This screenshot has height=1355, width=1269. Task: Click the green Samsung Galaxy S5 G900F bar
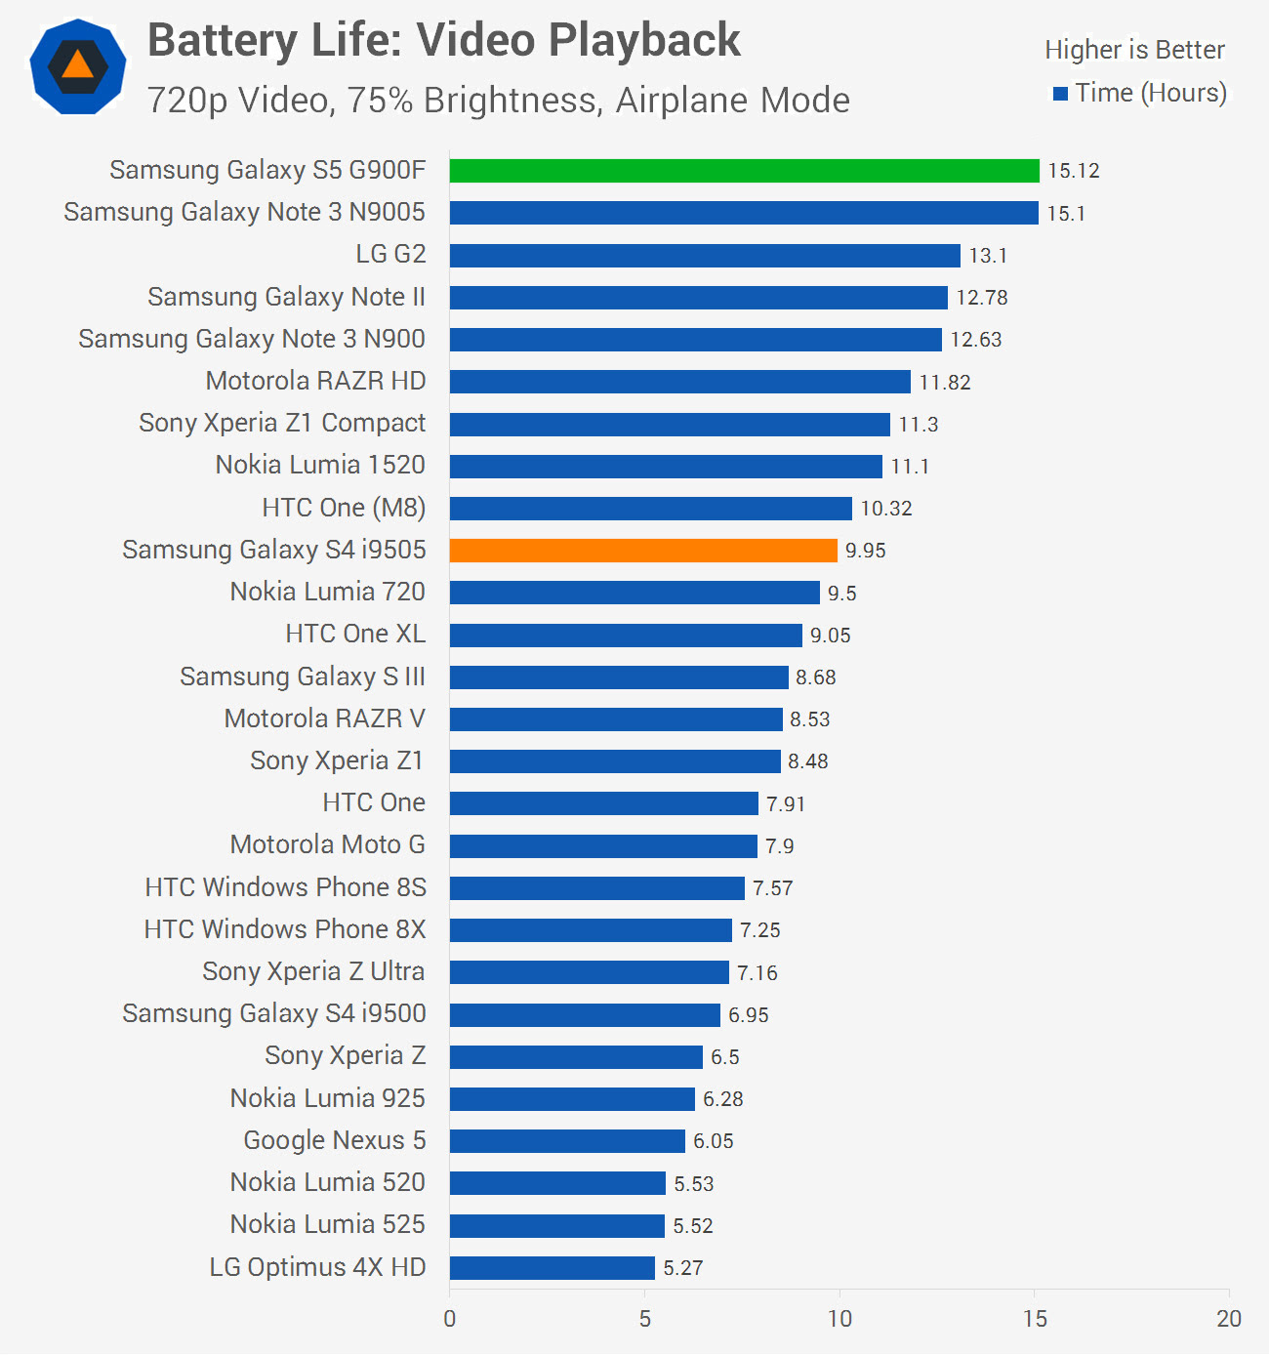[x=744, y=171]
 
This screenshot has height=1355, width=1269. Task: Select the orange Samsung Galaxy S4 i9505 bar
[x=643, y=551]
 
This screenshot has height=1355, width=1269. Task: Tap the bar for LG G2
[x=705, y=256]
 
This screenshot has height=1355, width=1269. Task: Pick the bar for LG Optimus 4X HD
[x=552, y=1268]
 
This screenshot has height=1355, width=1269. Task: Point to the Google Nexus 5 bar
[x=567, y=1141]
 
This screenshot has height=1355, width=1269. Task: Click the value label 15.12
[x=1073, y=171]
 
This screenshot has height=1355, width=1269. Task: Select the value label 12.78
[x=981, y=298]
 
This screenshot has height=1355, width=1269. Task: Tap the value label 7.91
[x=785, y=804]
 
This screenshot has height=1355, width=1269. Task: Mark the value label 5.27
[x=682, y=1268]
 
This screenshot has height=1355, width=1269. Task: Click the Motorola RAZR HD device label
[x=315, y=381]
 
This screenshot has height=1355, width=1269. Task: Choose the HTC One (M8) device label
[x=344, y=508]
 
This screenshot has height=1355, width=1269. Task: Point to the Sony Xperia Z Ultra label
[x=313, y=971]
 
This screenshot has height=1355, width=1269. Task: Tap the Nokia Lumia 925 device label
[x=327, y=1098]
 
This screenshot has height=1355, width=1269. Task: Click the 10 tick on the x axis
[x=839, y=1319]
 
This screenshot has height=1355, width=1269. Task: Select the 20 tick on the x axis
[x=1229, y=1319]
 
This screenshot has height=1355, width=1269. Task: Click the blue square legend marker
[x=1060, y=94]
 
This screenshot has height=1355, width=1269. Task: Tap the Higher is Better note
[x=1134, y=50]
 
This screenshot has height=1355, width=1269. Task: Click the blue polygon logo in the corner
[x=78, y=66]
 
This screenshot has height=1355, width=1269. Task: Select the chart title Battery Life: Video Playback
[x=444, y=41]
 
